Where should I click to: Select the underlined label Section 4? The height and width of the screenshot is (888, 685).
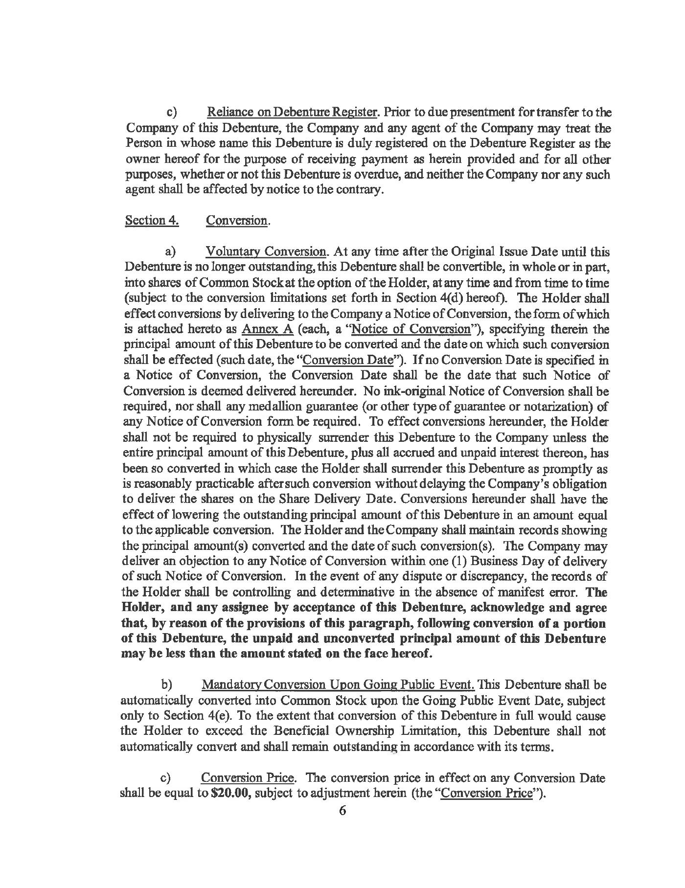point(152,220)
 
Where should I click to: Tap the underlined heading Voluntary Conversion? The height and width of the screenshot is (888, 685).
point(266,252)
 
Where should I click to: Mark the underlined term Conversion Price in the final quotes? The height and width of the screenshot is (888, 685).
point(486,793)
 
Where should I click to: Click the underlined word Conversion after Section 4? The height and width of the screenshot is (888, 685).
point(237,220)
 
